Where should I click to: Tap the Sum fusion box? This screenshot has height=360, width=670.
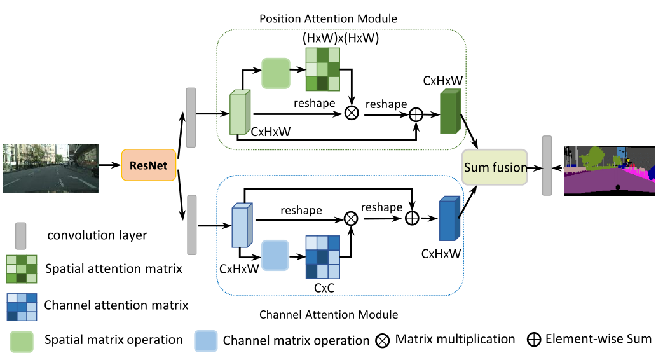[495, 167]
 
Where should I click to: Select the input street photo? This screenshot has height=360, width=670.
[50, 167]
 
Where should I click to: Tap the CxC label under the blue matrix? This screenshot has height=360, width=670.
[324, 287]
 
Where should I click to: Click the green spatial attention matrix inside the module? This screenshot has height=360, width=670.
[322, 70]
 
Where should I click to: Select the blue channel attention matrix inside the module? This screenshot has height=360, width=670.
[324, 257]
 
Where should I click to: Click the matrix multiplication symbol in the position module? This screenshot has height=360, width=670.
[351, 113]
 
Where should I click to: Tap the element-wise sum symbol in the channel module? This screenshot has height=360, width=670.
[414, 218]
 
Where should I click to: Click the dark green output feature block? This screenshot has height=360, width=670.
[449, 114]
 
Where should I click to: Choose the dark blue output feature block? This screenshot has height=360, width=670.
[448, 219]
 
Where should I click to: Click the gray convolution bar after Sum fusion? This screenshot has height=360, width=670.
[547, 165]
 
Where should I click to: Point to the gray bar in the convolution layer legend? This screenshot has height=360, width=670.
[20, 235]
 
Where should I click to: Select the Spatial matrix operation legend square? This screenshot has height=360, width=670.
[21, 340]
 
